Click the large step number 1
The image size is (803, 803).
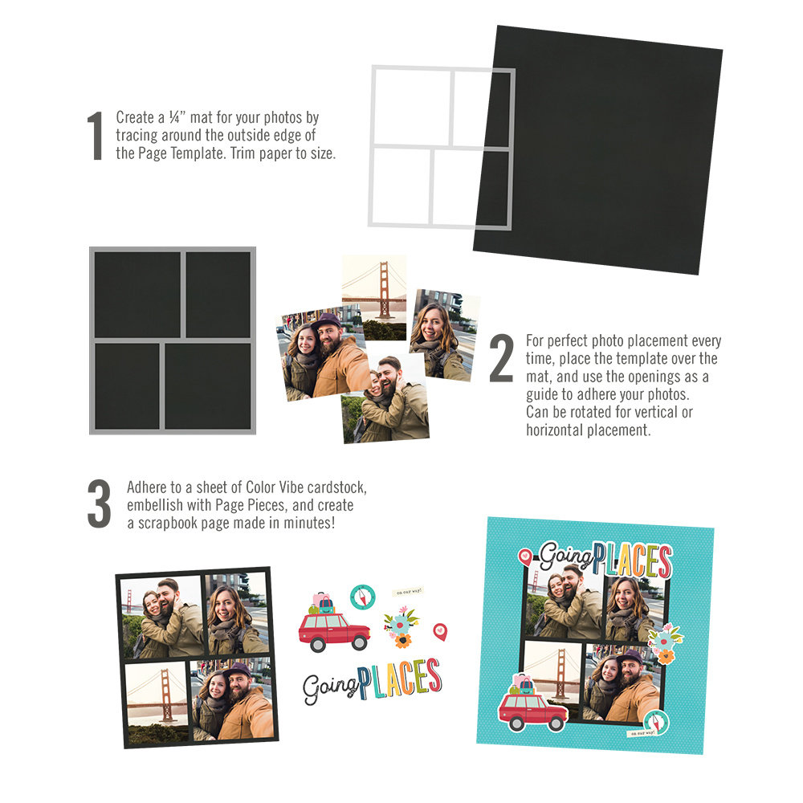[x=96, y=136]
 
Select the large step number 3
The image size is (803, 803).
[x=99, y=503]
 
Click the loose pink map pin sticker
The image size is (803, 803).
[x=440, y=631]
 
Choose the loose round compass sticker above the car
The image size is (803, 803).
[x=362, y=597]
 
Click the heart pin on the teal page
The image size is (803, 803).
[x=524, y=554]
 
